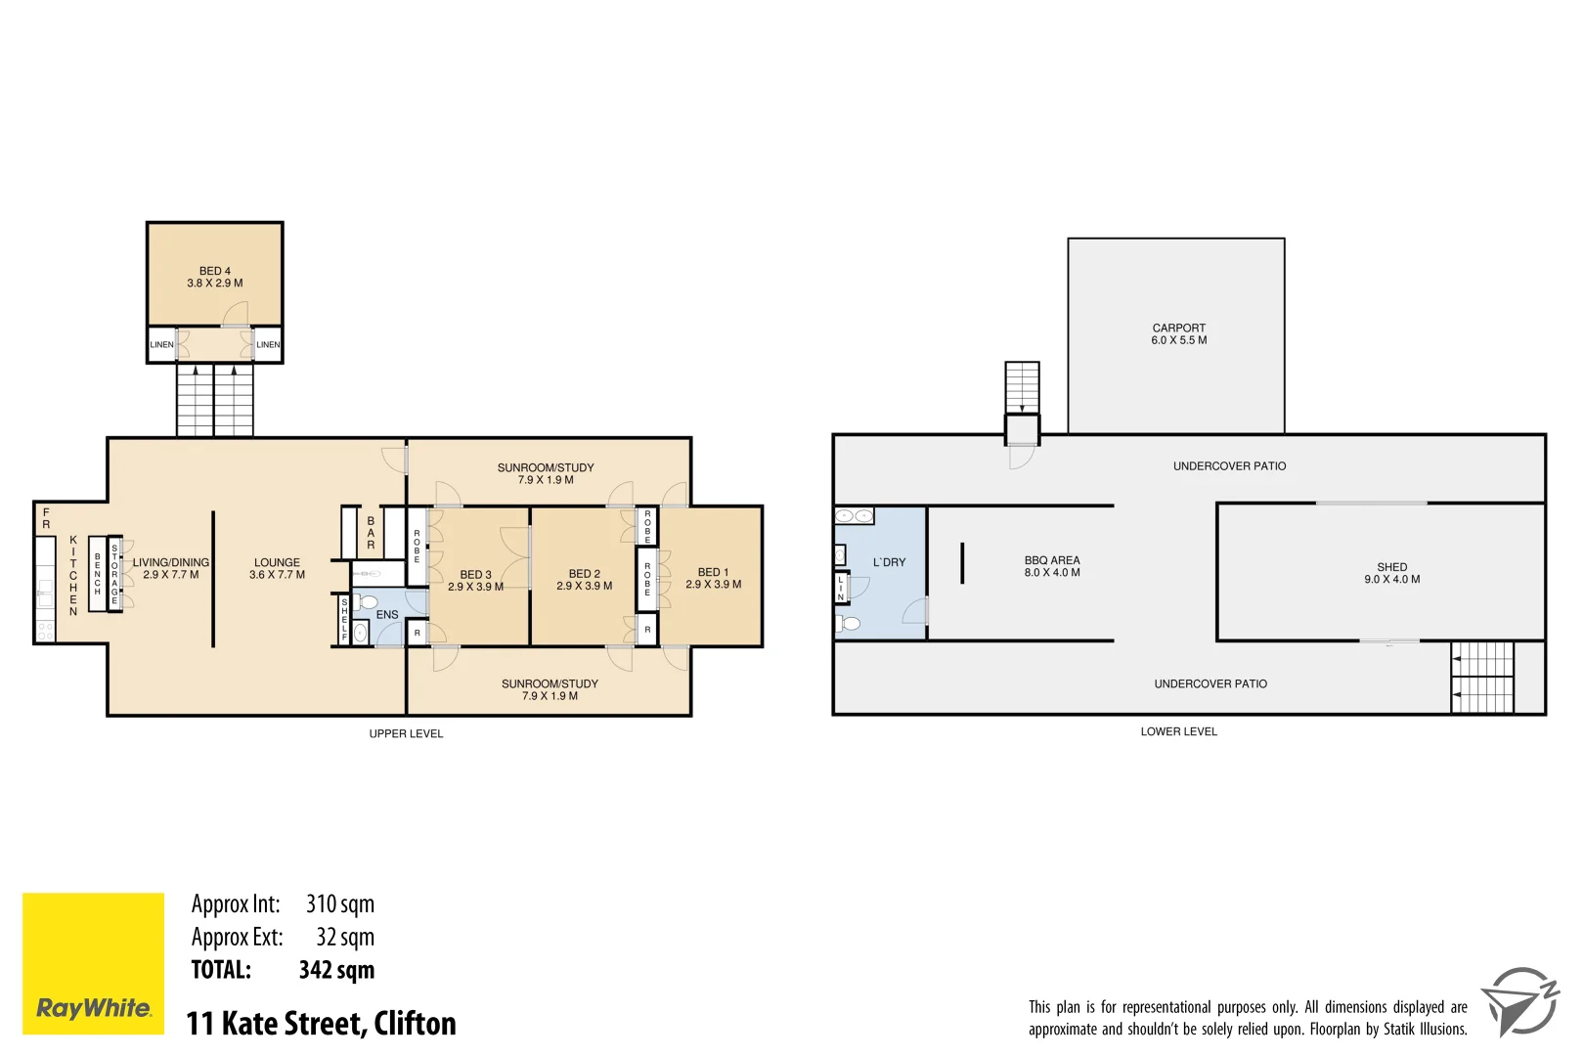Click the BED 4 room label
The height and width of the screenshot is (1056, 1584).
coord(214,277)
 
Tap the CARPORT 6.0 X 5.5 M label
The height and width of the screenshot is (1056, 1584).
coord(1178,334)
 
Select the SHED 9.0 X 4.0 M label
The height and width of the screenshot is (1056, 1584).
coord(1391,573)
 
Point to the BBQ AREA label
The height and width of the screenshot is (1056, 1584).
coord(1052,566)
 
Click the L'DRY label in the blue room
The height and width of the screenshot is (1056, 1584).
coord(889,562)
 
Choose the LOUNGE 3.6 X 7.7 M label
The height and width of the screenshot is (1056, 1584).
coord(277,568)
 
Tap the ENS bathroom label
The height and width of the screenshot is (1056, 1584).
coord(387,615)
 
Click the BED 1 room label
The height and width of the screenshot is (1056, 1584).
coord(713,578)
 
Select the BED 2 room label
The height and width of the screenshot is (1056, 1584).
coord(584,580)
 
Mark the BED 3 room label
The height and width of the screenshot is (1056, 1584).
coord(475,581)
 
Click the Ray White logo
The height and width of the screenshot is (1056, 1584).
coord(93,963)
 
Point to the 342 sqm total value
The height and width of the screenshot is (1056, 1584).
coord(336,970)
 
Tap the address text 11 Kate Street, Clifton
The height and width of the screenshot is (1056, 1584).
coord(321,1024)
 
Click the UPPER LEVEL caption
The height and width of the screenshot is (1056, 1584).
coord(406,733)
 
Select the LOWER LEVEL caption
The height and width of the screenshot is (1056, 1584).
coord(1178,731)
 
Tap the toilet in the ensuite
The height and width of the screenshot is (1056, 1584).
coord(366,601)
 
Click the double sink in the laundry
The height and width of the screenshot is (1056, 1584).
coord(854,515)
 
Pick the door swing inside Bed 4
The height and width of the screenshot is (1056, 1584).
coord(236,314)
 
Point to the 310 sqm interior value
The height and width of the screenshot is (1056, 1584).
coord(339,904)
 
